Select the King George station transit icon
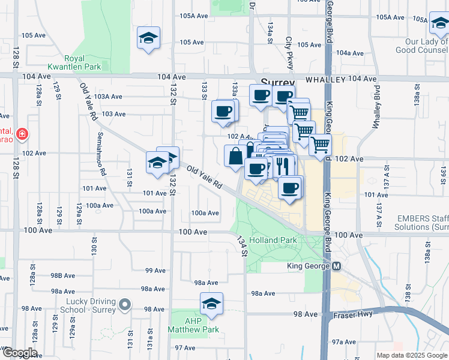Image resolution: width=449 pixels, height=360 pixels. point(337,266)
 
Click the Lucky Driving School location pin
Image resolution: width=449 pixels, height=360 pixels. point(125,305)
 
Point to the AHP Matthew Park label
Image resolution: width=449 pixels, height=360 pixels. point(193,325)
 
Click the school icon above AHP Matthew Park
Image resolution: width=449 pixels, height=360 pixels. point(211,305)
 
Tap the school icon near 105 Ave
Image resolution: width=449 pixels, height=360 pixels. point(148,39)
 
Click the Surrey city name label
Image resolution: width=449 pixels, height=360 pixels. point(277,83)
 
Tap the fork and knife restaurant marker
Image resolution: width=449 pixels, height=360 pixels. point(285,165)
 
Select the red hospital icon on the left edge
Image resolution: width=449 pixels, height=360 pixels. point(22,133)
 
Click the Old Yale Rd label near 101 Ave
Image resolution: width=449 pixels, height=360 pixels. point(204,178)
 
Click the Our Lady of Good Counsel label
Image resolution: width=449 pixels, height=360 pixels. point(426,46)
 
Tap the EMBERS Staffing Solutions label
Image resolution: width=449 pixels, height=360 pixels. point(421,223)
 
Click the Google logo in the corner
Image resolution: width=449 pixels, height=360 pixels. point(19,353)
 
